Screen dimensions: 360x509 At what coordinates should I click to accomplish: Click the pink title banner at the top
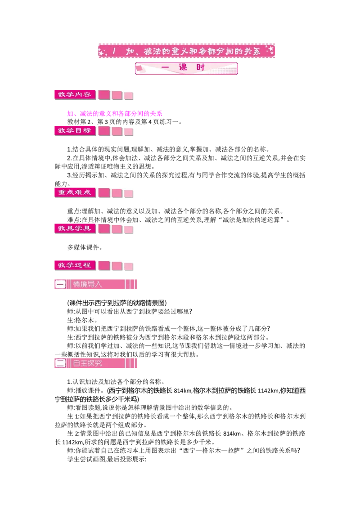tap(186, 51)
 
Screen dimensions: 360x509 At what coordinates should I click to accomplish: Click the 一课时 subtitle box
tap(186, 68)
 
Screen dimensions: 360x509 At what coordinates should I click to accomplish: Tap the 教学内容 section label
tap(75, 94)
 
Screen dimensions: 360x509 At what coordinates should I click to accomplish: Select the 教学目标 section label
tap(75, 130)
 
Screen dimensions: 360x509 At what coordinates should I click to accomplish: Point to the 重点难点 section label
tap(75, 192)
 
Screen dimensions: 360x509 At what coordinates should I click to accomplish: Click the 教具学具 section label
tap(75, 228)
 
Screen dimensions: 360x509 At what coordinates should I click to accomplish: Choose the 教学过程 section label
tap(75, 265)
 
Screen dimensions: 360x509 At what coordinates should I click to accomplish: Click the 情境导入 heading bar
tap(96, 284)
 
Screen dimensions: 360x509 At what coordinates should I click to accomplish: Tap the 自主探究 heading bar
tap(96, 363)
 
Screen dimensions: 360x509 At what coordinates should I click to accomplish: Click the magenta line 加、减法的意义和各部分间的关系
tap(115, 113)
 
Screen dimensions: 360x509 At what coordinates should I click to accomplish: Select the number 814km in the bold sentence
tap(183, 390)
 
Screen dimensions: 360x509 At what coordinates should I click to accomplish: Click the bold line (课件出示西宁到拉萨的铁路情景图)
tap(117, 303)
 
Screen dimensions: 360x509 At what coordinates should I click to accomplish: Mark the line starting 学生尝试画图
tap(107, 459)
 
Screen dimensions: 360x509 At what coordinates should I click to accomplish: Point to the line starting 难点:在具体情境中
tap(178, 220)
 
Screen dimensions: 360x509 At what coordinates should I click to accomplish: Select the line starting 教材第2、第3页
tap(125, 122)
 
